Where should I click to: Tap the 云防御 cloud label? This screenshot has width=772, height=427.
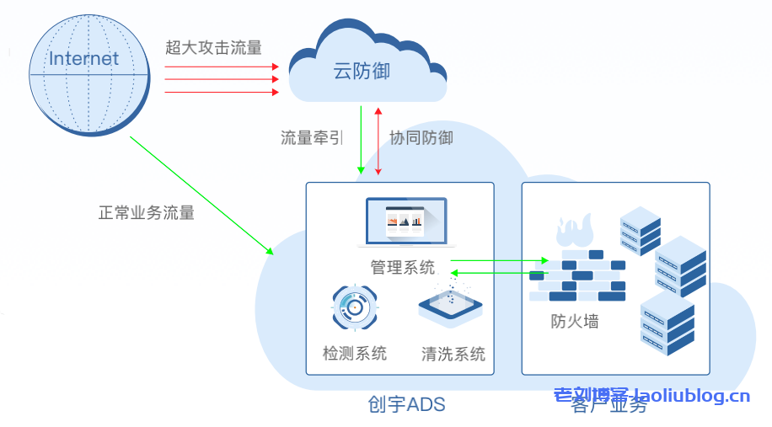pos(362,72)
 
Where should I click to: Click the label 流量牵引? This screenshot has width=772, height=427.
pos(312,137)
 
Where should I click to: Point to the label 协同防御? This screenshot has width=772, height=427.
pos(421,137)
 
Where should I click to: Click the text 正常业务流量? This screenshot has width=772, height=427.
pos(147,212)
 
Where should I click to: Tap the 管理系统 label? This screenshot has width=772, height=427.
pos(403,267)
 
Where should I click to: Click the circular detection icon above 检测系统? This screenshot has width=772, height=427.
pos(355,308)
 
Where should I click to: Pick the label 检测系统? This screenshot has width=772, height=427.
pos(355,353)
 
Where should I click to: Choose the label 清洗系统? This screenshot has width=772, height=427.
pos(453,353)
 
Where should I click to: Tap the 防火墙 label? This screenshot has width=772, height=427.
pos(575,321)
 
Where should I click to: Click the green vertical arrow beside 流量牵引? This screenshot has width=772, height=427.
pos(361,139)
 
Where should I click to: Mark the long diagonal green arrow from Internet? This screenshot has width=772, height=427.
pos(201,195)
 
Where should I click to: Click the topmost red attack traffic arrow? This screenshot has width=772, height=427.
pos(221,66)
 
